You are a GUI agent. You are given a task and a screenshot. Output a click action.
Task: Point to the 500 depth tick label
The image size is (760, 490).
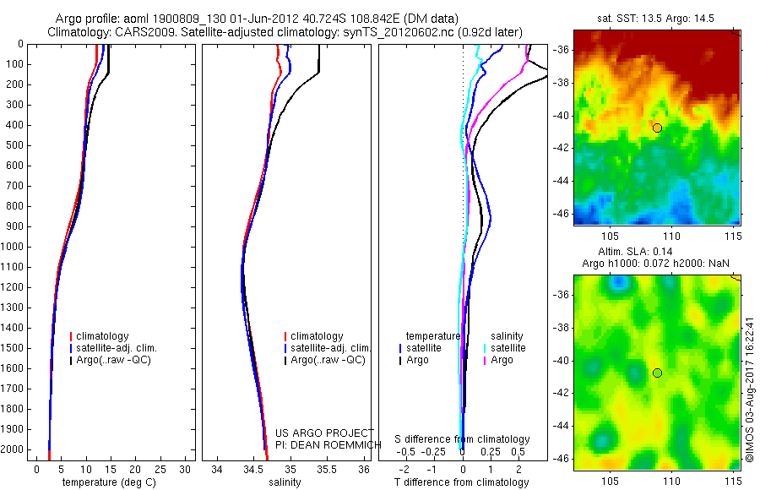[x=13, y=145]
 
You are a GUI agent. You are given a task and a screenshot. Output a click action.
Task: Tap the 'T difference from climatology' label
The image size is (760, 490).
[x=461, y=482]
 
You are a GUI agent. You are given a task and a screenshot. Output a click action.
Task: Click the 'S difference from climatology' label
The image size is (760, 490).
[x=462, y=439]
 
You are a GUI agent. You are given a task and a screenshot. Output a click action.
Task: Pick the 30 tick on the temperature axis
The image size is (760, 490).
[x=185, y=469]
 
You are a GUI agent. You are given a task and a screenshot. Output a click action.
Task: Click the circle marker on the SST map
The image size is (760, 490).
[x=657, y=128]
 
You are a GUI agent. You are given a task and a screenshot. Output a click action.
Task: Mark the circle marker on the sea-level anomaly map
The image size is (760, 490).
[x=657, y=373]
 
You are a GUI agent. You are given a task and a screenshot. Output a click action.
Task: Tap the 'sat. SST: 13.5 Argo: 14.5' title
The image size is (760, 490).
[x=656, y=19]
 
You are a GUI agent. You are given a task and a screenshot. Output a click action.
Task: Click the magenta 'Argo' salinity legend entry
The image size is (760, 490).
[x=502, y=360]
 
